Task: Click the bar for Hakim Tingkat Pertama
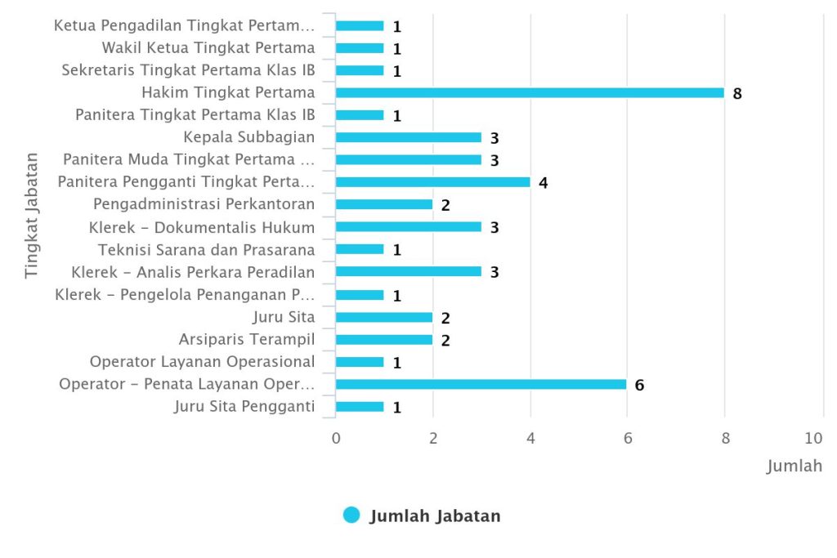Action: (530, 92)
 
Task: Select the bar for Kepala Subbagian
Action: (408, 137)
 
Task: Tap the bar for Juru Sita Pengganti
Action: (360, 407)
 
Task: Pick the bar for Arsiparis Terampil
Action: (384, 340)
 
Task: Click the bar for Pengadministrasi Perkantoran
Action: (384, 204)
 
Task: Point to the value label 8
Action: (737, 93)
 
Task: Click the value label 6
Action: (639, 385)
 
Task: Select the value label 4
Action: (543, 182)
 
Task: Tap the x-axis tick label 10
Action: (814, 438)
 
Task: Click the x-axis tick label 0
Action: (336, 438)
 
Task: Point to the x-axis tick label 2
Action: (433, 438)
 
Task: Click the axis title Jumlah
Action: (794, 466)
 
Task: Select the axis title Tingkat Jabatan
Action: (31, 214)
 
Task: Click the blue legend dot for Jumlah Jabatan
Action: (351, 516)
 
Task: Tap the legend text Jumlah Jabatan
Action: (435, 516)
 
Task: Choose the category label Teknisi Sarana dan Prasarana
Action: (206, 249)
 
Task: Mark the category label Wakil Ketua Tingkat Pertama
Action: (208, 47)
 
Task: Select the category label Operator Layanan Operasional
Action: (202, 361)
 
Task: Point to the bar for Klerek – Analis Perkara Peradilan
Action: (408, 271)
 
